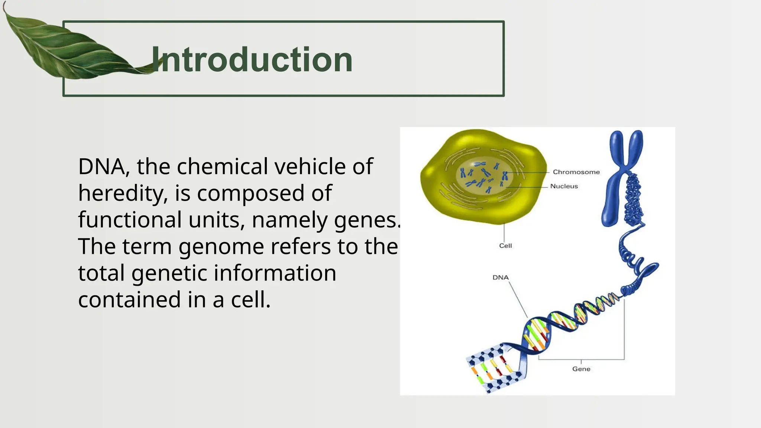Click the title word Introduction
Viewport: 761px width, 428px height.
252,60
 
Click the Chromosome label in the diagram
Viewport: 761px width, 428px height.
576,172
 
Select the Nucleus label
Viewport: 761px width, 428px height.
564,186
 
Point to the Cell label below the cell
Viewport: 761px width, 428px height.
505,246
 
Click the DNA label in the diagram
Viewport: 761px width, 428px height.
500,278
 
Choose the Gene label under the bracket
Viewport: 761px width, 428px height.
581,369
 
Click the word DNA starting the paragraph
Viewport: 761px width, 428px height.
101,166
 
